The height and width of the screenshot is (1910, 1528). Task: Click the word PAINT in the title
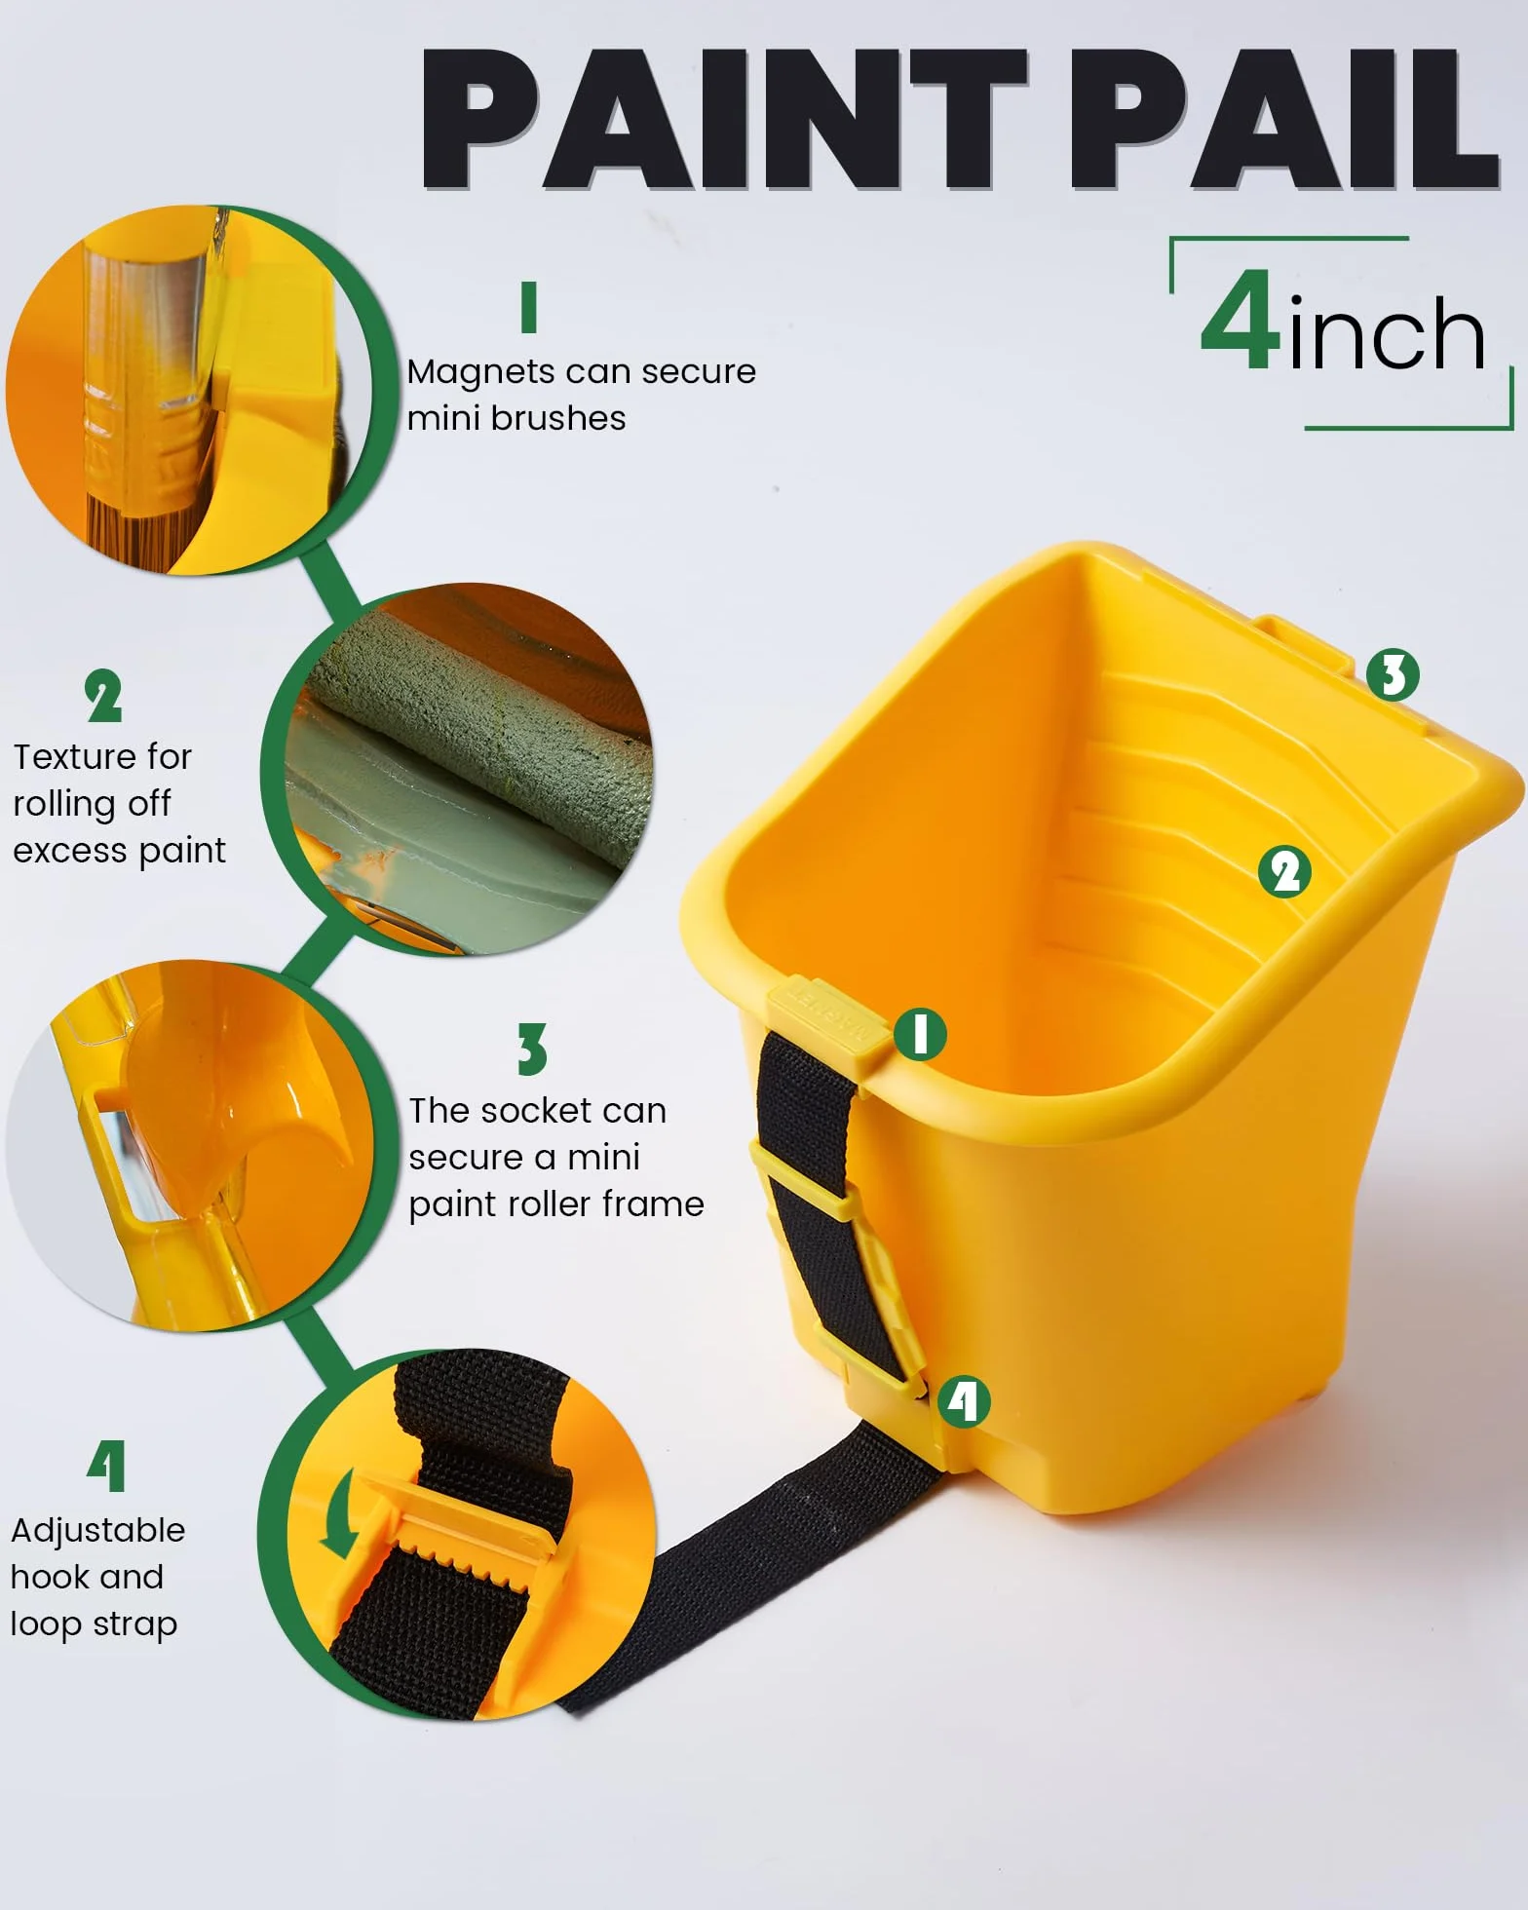(724, 119)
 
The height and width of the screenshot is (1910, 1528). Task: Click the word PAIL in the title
(1284, 119)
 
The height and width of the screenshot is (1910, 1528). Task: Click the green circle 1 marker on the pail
(920, 1034)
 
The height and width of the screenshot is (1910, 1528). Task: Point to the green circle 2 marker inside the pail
(1285, 871)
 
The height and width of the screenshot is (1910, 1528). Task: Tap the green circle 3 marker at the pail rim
(1393, 674)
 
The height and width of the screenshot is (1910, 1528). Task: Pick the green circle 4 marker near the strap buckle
(964, 1401)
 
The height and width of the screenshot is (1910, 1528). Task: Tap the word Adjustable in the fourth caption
(97, 1531)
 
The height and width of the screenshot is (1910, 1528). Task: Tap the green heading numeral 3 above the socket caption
(532, 1050)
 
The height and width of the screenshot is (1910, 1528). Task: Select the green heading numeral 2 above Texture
(103, 696)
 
